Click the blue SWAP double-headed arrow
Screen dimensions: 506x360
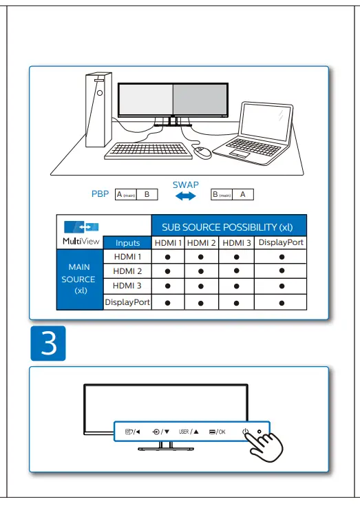point(184,196)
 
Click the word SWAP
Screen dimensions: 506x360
point(184,185)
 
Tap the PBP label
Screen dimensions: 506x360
point(100,195)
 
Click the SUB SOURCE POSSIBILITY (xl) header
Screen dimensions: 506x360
point(227,227)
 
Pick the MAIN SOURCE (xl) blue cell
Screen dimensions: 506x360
point(78,280)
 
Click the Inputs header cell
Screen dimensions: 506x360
point(127,243)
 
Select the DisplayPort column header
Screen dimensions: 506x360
point(281,243)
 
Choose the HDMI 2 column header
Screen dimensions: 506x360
point(201,243)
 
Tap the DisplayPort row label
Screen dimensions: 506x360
point(127,302)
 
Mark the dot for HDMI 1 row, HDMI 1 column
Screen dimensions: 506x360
point(167,257)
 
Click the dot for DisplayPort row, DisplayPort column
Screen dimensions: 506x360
point(281,303)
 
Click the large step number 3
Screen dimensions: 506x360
point(48,344)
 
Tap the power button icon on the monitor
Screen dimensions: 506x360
point(245,432)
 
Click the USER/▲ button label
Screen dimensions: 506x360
point(189,432)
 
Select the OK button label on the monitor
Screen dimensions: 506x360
point(218,432)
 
